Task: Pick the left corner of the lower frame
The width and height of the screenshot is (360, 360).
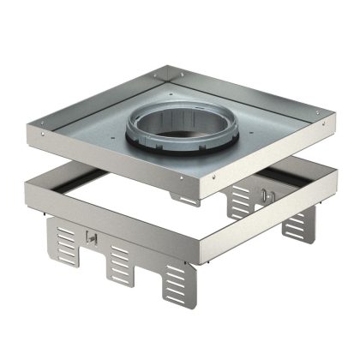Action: pyautogui.click(x=31, y=179)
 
